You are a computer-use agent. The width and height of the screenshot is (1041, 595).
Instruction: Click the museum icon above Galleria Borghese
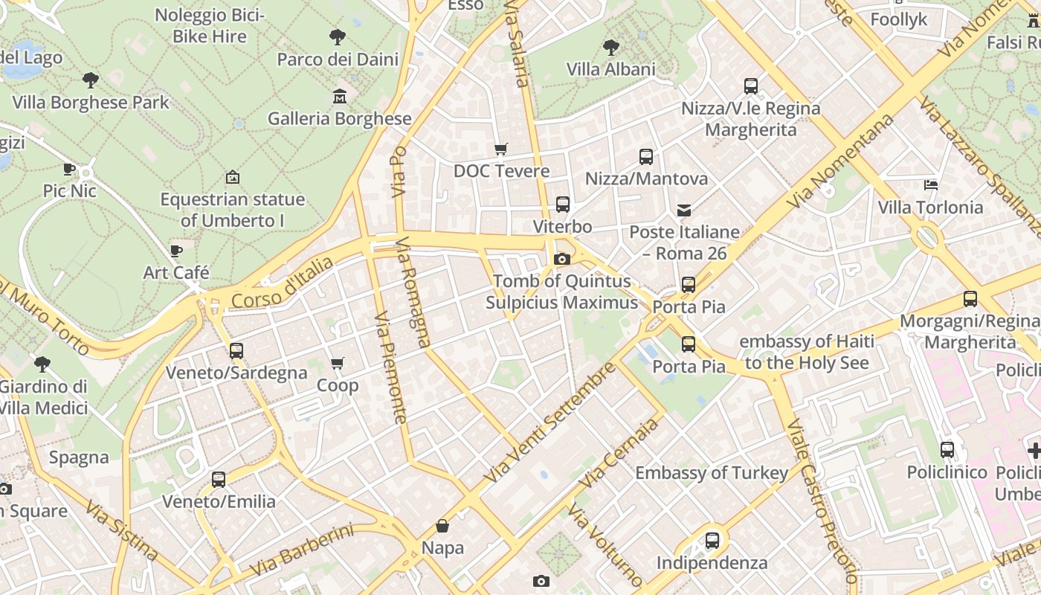340,96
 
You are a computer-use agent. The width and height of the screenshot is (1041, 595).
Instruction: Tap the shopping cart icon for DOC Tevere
501,149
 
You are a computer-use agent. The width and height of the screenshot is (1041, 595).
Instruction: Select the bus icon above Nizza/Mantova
646,157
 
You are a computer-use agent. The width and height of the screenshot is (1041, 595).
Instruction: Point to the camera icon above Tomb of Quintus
562,259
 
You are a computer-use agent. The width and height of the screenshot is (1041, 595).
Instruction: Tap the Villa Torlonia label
930,207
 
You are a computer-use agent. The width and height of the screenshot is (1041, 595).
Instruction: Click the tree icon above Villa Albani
611,48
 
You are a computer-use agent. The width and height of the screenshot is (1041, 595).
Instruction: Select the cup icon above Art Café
176,251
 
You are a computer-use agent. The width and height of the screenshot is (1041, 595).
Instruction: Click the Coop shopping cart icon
338,364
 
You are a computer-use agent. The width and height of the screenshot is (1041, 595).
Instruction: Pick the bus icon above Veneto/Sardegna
236,350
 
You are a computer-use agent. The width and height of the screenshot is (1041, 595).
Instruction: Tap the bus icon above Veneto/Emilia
219,480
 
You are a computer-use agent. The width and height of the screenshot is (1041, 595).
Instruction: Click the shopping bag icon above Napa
442,526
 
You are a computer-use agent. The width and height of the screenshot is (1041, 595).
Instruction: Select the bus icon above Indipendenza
712,541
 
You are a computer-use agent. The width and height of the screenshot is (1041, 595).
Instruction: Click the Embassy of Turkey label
712,473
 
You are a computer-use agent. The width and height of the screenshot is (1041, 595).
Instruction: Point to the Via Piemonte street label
391,368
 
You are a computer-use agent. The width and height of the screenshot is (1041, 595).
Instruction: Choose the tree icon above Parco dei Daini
338,36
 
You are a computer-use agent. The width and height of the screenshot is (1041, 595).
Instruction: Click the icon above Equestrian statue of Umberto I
233,177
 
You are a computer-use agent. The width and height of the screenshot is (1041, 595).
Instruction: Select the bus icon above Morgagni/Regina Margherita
970,299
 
